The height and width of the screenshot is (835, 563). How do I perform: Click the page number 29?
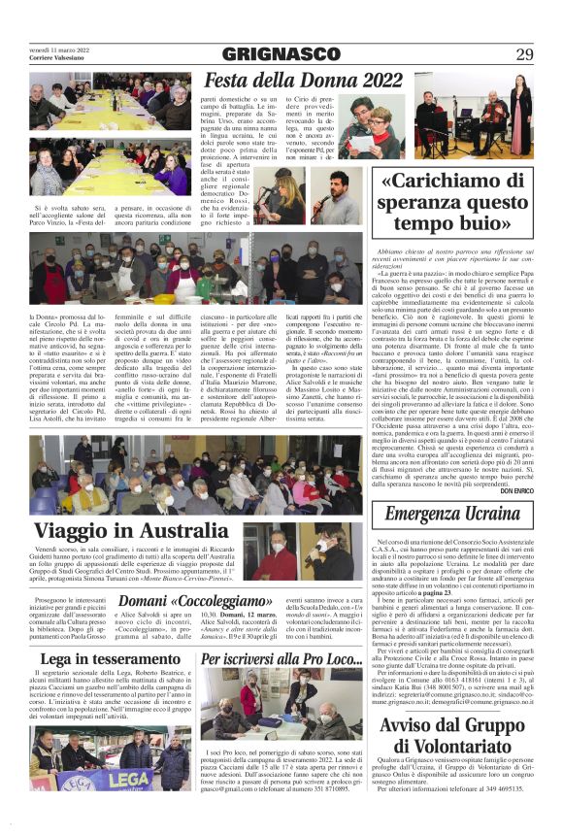[524, 54]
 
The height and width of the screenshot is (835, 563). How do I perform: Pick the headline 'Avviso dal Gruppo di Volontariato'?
[452, 741]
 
